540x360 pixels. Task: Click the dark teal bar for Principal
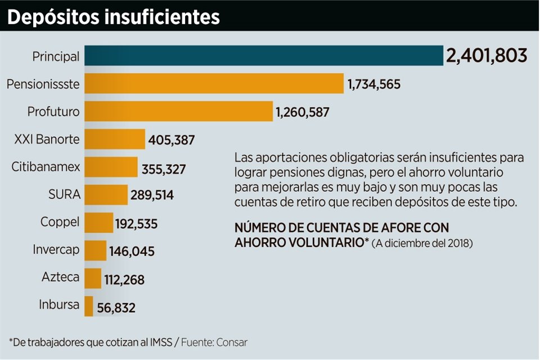(264, 56)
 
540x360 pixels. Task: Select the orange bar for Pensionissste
(214, 83)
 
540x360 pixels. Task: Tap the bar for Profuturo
(179, 111)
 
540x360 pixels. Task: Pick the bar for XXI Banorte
(115, 139)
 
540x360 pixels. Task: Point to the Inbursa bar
(89, 306)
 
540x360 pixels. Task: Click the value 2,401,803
(486, 56)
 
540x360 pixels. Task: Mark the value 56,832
(116, 307)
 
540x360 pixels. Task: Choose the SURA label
(65, 195)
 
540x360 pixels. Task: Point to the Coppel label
(60, 222)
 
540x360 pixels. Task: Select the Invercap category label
(56, 250)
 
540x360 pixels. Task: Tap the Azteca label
(61, 277)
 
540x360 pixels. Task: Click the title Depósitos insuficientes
(113, 17)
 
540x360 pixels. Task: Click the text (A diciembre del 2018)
(422, 244)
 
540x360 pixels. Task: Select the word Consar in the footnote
(231, 341)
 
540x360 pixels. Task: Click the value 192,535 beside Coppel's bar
(136, 224)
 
